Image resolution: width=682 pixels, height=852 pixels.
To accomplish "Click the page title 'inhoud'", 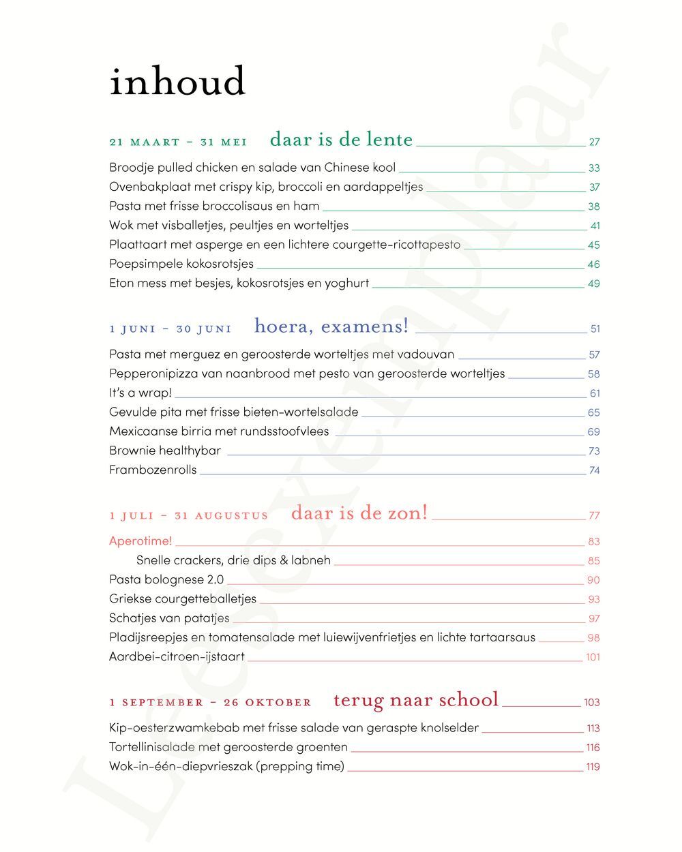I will tap(177, 82).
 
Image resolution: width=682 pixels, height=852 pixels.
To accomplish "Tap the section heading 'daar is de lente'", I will tap(341, 140).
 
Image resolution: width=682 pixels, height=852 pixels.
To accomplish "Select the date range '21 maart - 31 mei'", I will tap(178, 142).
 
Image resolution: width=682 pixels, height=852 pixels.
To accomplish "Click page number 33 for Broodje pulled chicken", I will tap(593, 168).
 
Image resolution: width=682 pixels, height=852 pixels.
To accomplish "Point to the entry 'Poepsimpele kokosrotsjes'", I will tap(181, 264).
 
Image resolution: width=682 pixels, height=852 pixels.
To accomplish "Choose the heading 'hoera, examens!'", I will tap(331, 326).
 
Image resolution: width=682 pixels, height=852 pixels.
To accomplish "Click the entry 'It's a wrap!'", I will tap(140, 393).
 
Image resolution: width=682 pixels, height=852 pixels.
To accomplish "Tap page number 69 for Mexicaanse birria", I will tap(593, 432).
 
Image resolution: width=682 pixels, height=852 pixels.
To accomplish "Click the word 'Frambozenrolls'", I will tap(153, 470).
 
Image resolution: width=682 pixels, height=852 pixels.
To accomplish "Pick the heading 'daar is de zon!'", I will tap(359, 513).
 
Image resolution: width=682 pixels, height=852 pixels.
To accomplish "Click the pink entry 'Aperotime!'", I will tap(140, 541).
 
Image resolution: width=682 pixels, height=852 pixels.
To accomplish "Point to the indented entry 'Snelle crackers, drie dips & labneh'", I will tap(233, 560).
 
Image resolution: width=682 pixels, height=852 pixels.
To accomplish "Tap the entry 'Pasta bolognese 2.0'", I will tap(166, 579).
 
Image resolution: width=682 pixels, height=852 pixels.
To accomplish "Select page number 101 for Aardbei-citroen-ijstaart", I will tap(593, 658).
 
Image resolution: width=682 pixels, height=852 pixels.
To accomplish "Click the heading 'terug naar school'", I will tap(416, 700).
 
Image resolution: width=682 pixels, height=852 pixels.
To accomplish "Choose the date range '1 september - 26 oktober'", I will tap(210, 703).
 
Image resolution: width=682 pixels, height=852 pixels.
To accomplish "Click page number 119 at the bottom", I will tap(593, 767).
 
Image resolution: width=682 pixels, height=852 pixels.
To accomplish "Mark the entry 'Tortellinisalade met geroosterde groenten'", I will tap(228, 747).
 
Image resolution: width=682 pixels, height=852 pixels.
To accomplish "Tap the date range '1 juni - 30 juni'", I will tap(170, 329).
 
